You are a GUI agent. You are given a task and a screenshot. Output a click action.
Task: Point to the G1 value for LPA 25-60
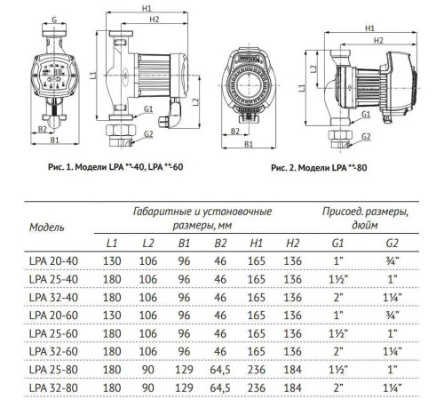coord(338,332)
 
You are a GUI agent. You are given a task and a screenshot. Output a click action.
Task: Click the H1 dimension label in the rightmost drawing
coord(369,27)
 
